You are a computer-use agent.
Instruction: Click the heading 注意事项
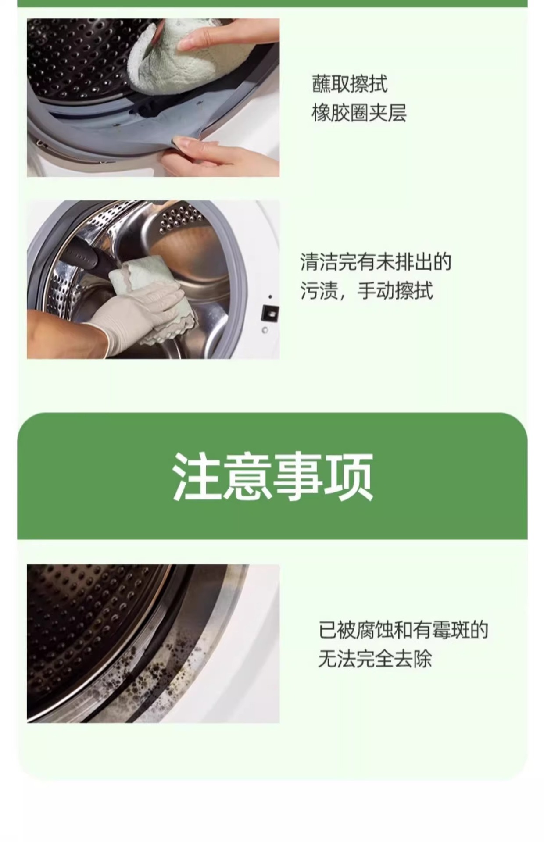tap(272, 477)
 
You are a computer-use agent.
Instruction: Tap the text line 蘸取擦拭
tap(350, 84)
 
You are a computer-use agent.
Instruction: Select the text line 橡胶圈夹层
tap(359, 113)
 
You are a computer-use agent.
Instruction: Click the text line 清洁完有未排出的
tap(376, 262)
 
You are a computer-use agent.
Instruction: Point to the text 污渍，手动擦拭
tap(366, 290)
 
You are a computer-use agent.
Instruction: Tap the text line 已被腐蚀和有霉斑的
tap(403, 630)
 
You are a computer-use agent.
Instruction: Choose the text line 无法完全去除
tap(375, 659)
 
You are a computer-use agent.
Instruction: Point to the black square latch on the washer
tap(270, 313)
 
